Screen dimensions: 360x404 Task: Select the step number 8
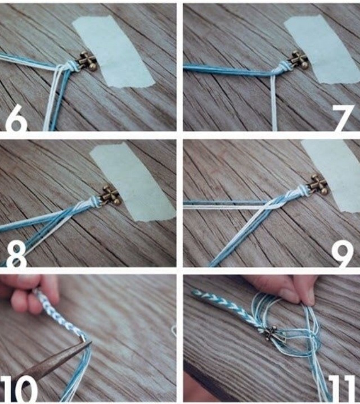point(16,255)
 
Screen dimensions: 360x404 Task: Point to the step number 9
point(341,255)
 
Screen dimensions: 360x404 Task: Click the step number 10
point(19,389)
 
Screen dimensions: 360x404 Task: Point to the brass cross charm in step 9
point(318,184)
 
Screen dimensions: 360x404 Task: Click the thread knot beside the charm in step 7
point(282,66)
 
